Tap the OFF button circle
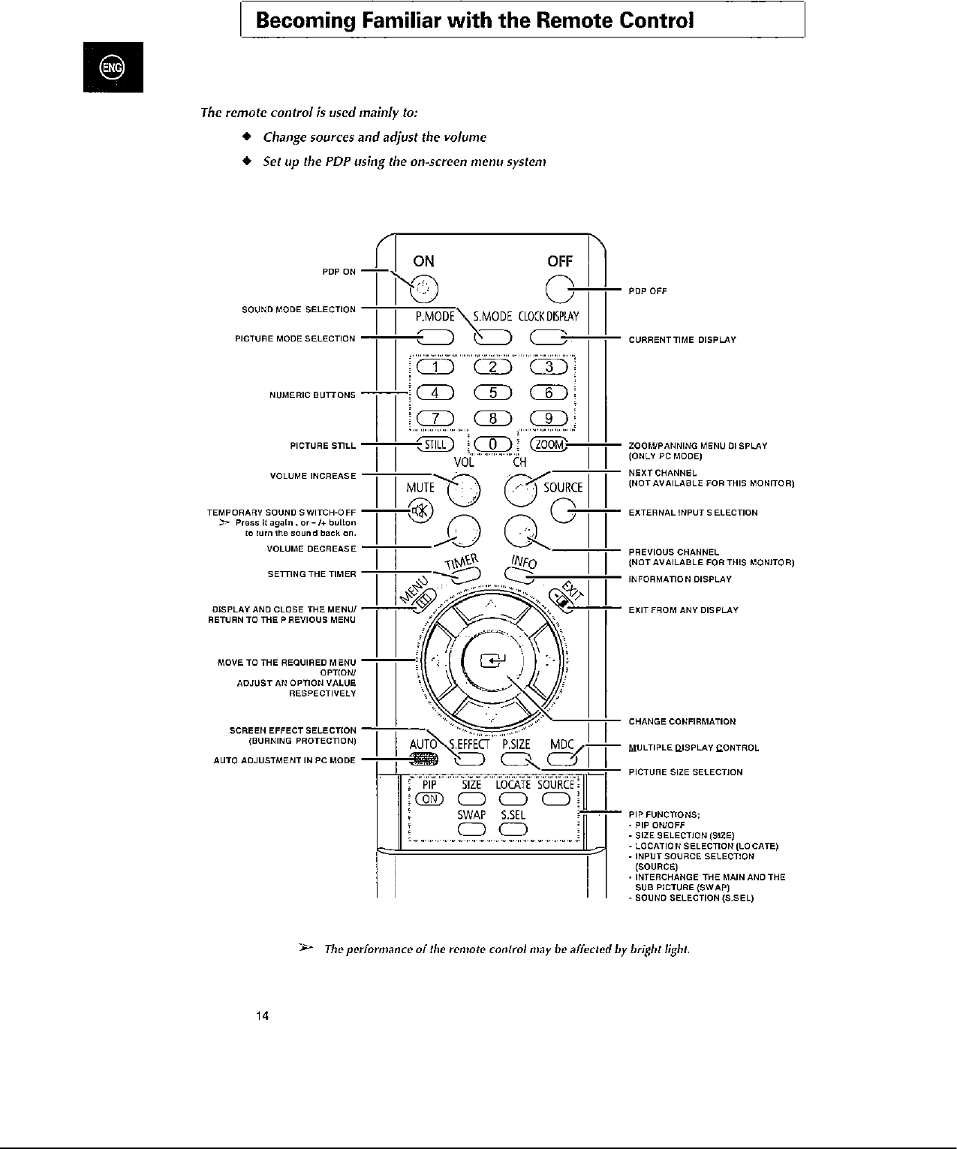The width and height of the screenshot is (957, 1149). coord(560,288)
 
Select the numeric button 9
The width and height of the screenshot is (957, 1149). coord(549,419)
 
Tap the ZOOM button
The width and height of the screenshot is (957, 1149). coord(549,444)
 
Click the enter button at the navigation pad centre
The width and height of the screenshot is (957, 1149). coord(494,660)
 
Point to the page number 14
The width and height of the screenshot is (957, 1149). coord(262,1016)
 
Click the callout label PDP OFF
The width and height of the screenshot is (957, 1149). coord(647,291)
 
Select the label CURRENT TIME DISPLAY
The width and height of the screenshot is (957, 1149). coord(682,340)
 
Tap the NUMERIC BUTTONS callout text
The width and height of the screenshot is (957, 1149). coord(312,395)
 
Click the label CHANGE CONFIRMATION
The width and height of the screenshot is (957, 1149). coord(682,722)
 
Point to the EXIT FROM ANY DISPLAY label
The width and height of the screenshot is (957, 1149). coord(683,610)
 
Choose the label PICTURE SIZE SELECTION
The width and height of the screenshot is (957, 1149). coord(685,772)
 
